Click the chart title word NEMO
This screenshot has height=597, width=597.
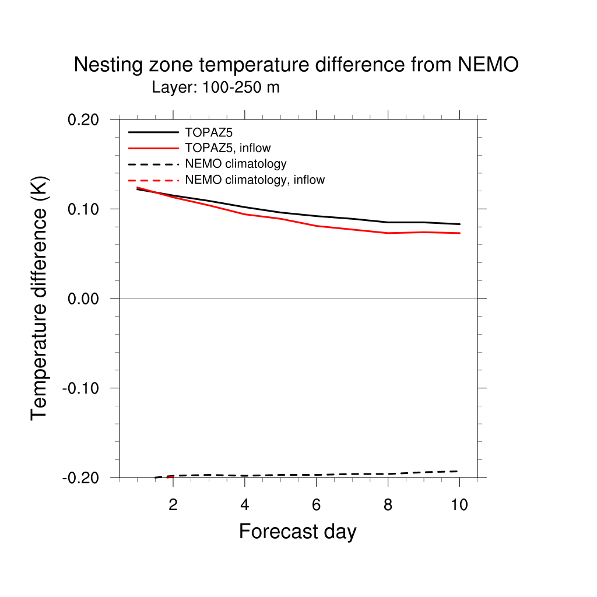pos(488,65)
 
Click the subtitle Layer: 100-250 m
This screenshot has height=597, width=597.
pos(216,88)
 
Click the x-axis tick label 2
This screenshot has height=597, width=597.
pos(173,505)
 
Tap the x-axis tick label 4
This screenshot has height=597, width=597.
pos(245,505)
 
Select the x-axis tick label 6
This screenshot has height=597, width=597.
pos(316,505)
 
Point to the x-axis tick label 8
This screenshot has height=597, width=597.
pos(388,505)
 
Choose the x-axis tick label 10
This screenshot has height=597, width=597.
pos(459,505)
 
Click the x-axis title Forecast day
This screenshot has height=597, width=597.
pos(297,532)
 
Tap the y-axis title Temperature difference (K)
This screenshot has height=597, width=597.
pos(40,298)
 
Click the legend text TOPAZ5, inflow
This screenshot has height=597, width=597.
pos(228,148)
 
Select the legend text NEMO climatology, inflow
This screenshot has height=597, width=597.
pos(255,180)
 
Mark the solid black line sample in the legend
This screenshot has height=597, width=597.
pos(153,132)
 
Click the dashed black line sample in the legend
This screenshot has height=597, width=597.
pos(153,164)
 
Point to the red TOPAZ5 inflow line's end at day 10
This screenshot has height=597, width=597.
pos(459,233)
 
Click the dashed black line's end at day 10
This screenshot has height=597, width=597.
pos(459,471)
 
